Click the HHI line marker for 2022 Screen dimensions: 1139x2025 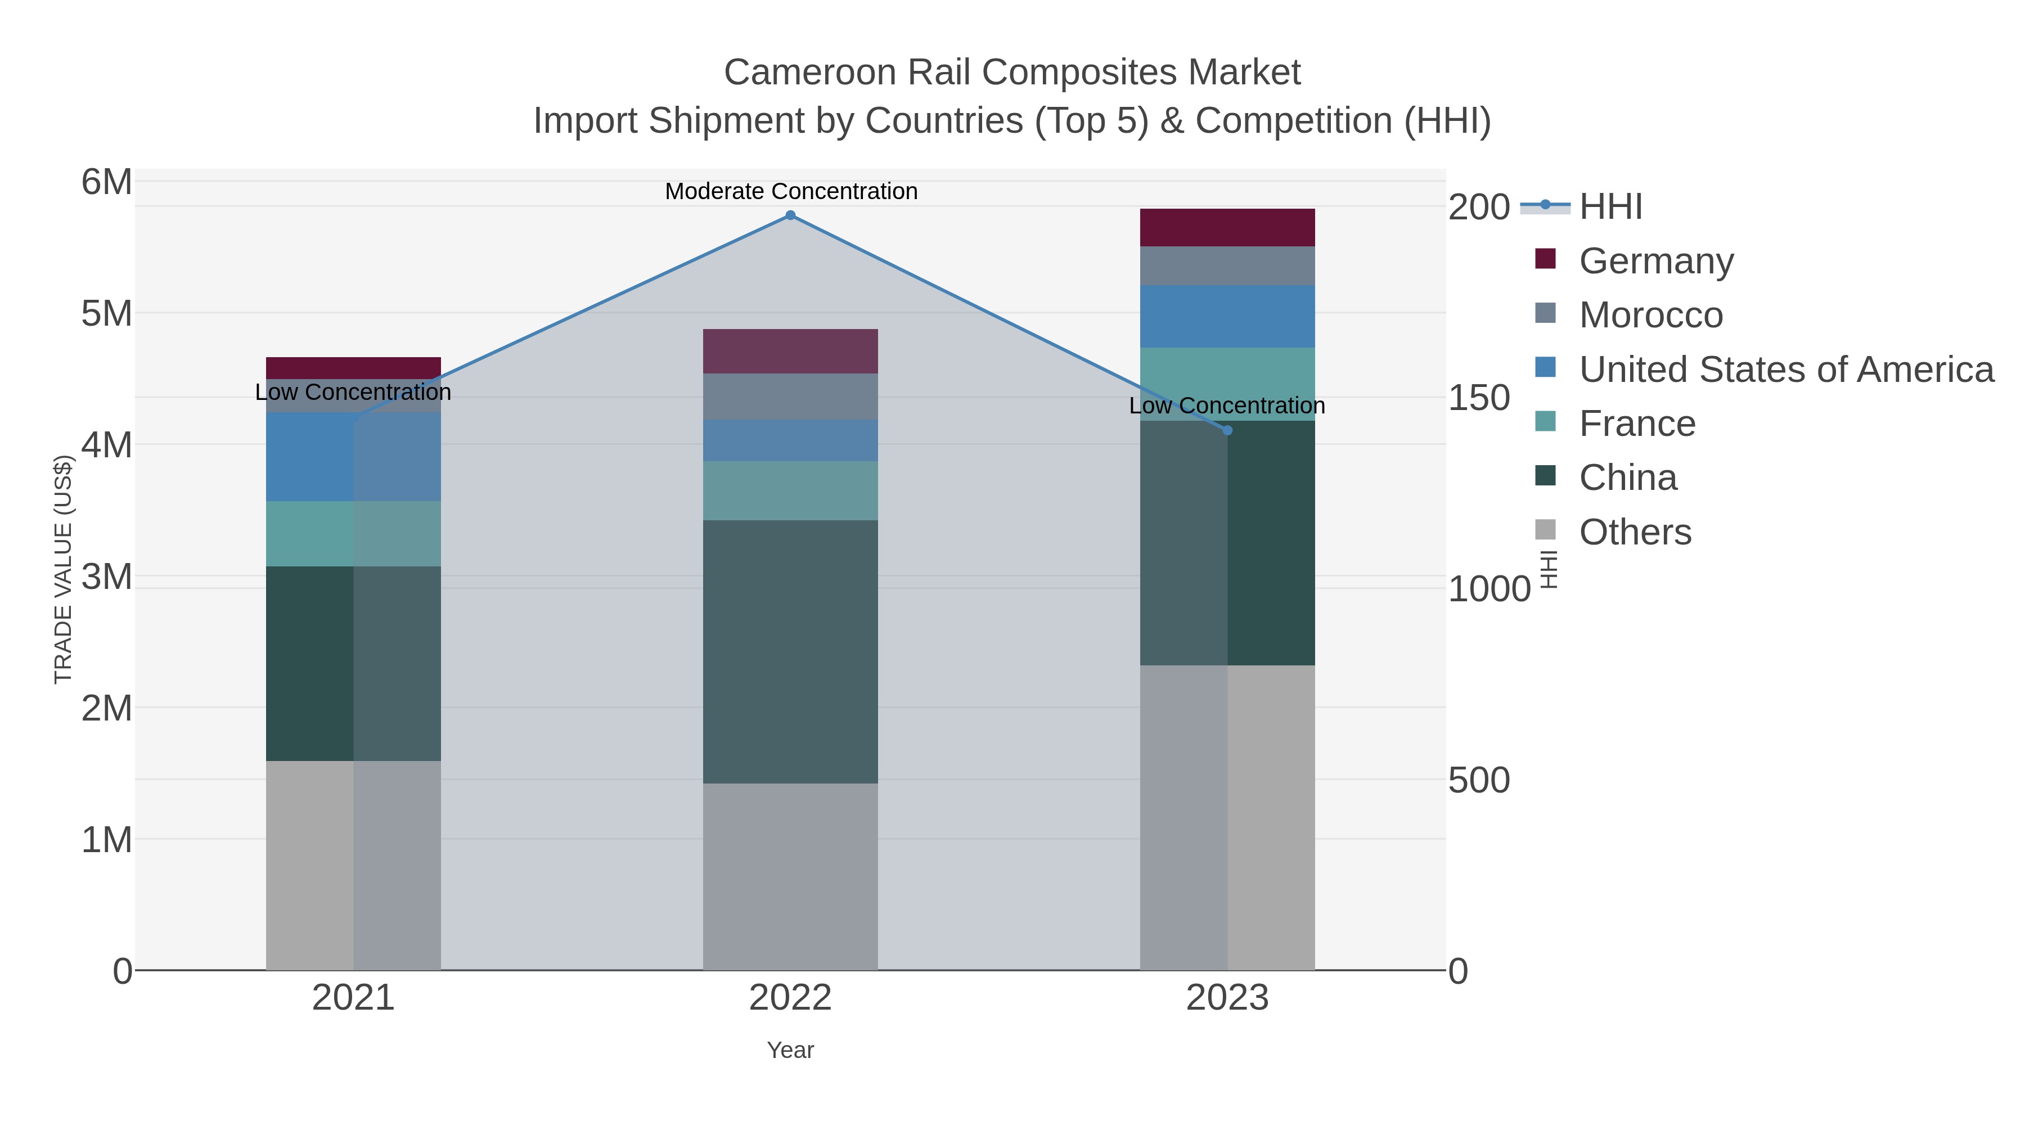pos(790,215)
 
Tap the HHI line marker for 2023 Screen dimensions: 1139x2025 pos(1227,430)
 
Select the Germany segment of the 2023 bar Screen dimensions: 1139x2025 pos(1227,227)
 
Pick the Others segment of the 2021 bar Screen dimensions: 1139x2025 pos(353,865)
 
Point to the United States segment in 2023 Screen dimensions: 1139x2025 pos(1227,316)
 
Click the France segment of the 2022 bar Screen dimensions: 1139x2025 pos(790,490)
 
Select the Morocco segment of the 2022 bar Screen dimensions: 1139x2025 pos(790,396)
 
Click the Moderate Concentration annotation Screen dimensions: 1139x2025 pos(791,191)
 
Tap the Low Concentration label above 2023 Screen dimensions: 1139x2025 pos(1226,406)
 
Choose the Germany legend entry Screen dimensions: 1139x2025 pos(1655,261)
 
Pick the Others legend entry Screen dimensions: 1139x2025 pos(1634,532)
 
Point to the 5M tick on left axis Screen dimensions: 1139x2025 pos(107,314)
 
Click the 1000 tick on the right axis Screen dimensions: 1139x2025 pos(1489,589)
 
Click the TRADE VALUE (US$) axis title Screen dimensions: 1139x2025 pos(63,569)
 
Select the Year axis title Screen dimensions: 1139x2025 pos(790,1050)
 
